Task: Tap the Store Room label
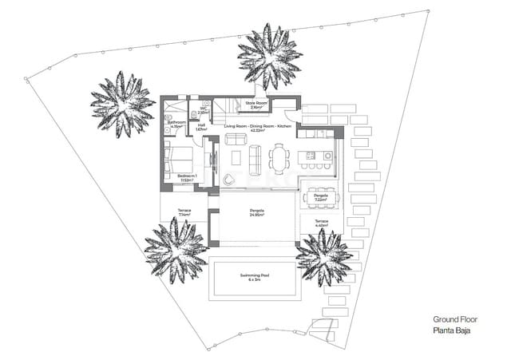point(255,105)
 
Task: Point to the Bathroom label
point(176,124)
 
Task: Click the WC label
point(203,112)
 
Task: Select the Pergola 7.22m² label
point(321,197)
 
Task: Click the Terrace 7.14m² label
point(184,213)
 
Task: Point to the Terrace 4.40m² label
point(321,224)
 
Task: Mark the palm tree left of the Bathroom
point(121,103)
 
